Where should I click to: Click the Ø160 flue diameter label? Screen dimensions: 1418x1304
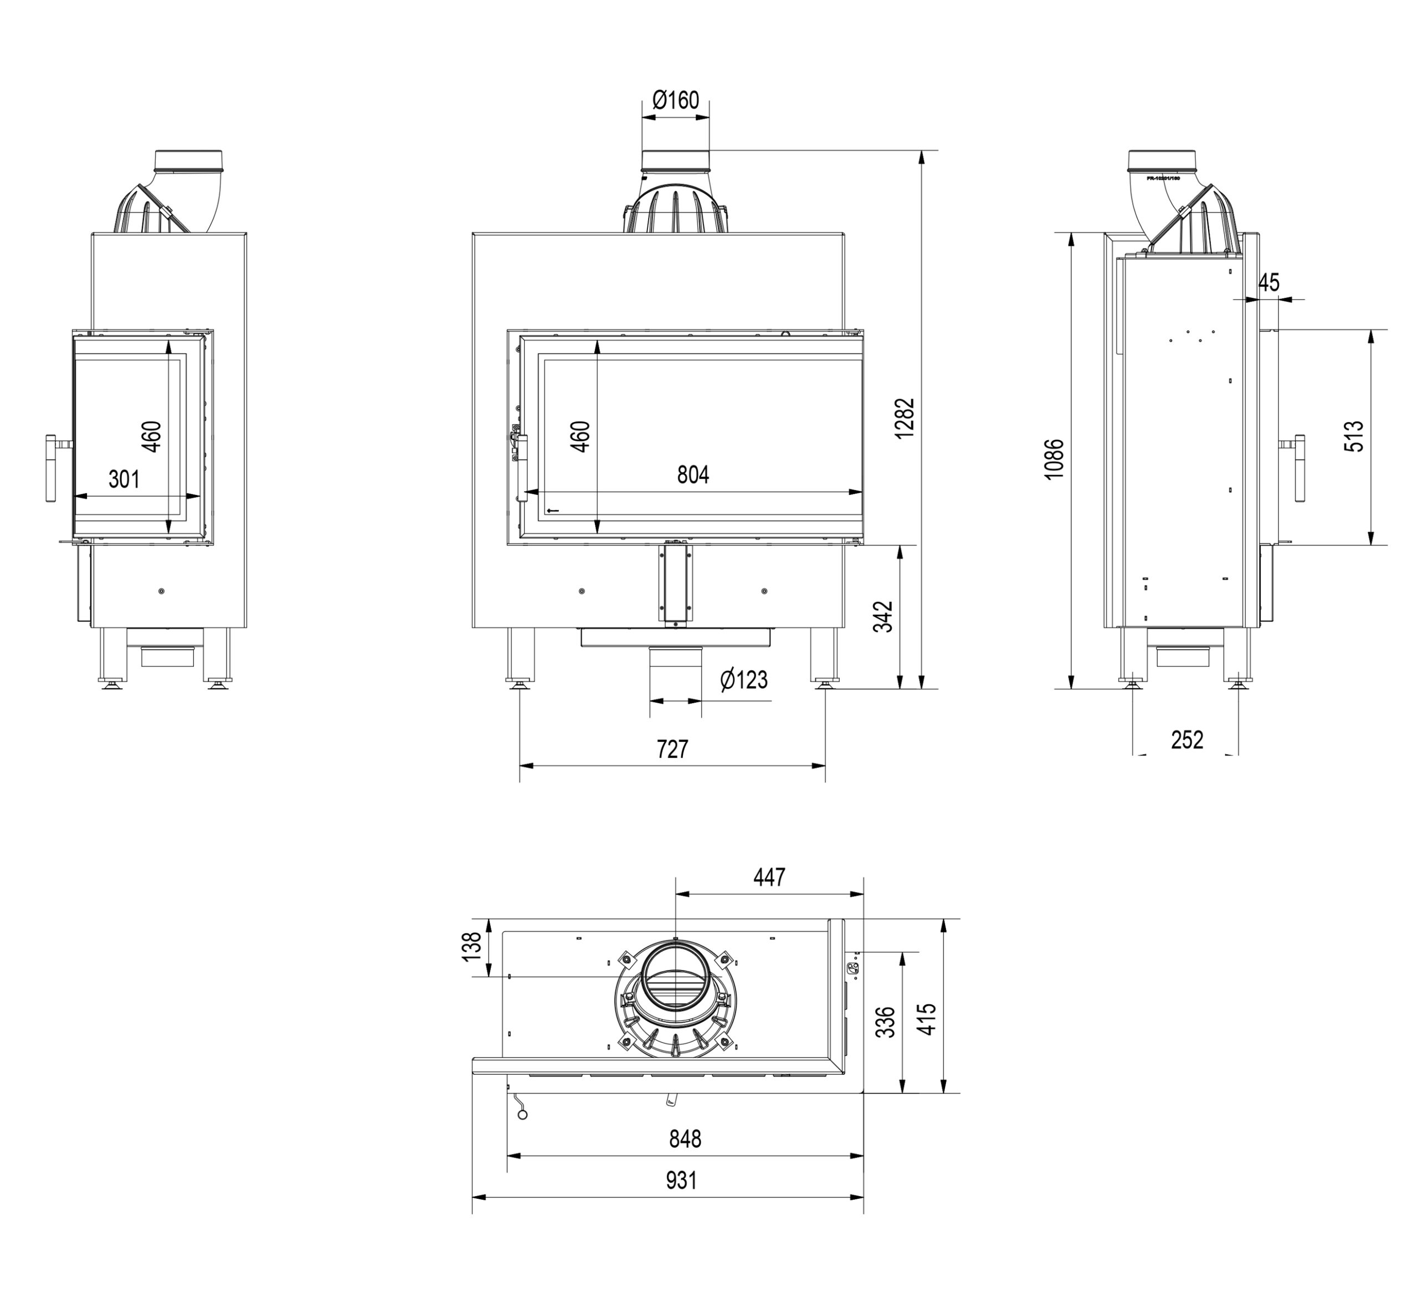[675, 100]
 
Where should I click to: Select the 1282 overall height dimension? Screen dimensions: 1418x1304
[903, 419]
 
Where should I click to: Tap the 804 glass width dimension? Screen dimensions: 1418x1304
[692, 475]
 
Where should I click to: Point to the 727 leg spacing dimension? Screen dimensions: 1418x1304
[672, 749]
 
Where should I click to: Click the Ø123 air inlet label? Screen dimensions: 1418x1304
[743, 679]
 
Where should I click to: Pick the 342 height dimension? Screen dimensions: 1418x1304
[883, 616]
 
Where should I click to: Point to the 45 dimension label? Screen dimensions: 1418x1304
[1268, 282]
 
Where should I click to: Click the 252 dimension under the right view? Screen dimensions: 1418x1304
[1186, 740]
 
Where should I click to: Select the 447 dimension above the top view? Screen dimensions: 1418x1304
[769, 877]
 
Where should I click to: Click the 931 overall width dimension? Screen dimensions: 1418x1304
[681, 1180]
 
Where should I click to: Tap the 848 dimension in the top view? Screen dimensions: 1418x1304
[685, 1139]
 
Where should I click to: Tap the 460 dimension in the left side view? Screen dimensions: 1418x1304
[151, 436]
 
